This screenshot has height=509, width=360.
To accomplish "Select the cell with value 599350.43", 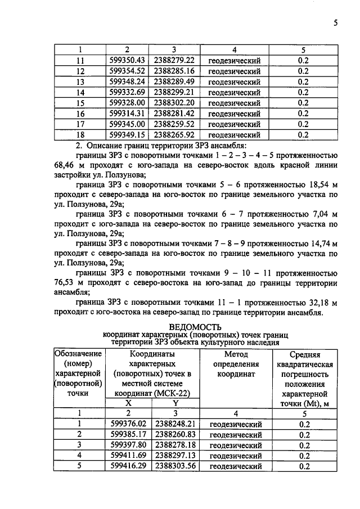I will click(x=128, y=60).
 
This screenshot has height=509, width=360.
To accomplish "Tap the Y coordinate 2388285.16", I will click(x=174, y=71).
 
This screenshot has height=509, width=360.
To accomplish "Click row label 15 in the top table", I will click(x=79, y=103).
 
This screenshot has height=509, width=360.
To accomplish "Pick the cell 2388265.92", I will click(x=174, y=134).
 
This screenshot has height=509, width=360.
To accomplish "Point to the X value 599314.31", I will click(x=128, y=114).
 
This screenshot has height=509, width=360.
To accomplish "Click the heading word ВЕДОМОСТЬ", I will click(x=195, y=326).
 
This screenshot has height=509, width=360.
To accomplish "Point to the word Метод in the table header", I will click(x=236, y=354).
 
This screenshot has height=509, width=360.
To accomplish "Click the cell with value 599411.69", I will click(x=128, y=456).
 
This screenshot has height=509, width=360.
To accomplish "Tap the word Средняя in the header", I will click(x=304, y=355).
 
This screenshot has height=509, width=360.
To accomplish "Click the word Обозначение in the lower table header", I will click(x=78, y=354).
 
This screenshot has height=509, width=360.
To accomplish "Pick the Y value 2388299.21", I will click(x=174, y=92).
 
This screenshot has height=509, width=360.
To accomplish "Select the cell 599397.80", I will click(x=128, y=445).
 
